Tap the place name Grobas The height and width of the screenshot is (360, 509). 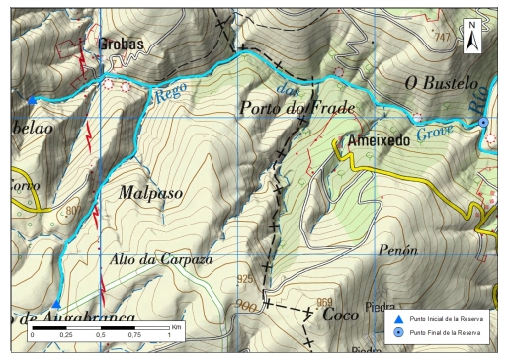(122, 45)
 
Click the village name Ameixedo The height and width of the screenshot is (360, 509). (379, 143)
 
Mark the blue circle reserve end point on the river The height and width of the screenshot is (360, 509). (483, 122)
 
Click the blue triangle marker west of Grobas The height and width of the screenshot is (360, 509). (33, 100)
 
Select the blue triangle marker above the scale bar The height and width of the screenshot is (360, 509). (57, 305)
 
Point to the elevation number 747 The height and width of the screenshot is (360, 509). (441, 38)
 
